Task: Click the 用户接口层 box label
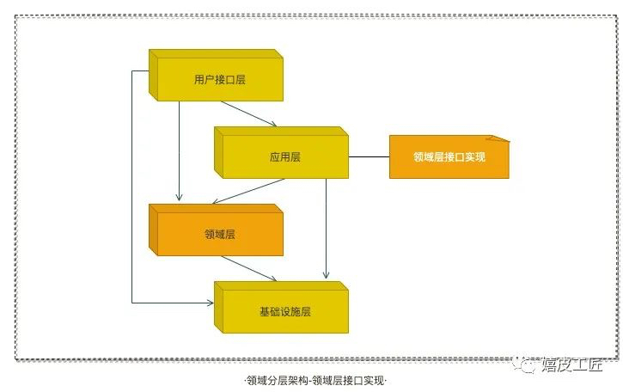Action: point(220,79)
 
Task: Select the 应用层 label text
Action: point(285,157)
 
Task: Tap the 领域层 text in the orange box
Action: point(220,234)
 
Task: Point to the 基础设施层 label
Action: point(285,312)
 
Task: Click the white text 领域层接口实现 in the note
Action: point(449,157)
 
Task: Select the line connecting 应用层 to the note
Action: point(370,157)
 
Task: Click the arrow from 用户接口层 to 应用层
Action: point(248,113)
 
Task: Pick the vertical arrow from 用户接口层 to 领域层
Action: point(179,151)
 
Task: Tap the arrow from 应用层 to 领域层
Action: point(248,191)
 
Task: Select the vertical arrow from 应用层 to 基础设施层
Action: point(327,229)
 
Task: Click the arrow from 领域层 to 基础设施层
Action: point(248,268)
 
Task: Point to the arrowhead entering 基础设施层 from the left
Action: point(210,303)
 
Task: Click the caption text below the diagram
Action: point(315,381)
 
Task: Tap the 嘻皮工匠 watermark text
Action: point(572,365)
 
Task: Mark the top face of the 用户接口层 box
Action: point(217,53)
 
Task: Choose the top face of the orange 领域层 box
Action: point(217,208)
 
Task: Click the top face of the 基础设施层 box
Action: point(281,286)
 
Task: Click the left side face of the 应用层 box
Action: point(218,153)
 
